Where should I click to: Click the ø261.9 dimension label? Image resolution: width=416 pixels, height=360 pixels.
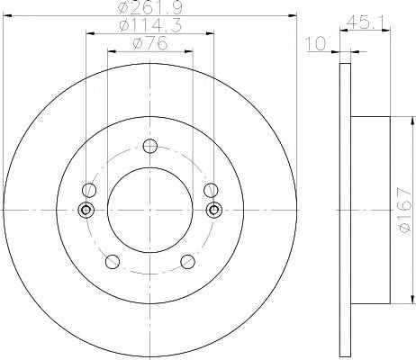pos(150,8)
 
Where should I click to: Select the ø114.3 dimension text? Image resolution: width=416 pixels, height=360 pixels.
pos(150,26)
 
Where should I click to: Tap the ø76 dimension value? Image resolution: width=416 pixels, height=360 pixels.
pos(150,44)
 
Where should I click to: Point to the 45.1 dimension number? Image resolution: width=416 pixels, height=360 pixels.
pos(365,22)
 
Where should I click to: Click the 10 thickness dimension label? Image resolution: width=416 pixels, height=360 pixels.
pos(316,44)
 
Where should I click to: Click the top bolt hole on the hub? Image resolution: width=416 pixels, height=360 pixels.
pos(150,146)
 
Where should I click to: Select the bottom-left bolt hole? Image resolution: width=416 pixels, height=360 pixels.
pos(113,261)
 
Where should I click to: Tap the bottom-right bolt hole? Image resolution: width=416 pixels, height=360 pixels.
pos(187,261)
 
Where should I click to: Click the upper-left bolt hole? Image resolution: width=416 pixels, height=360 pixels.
pos(89,190)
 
